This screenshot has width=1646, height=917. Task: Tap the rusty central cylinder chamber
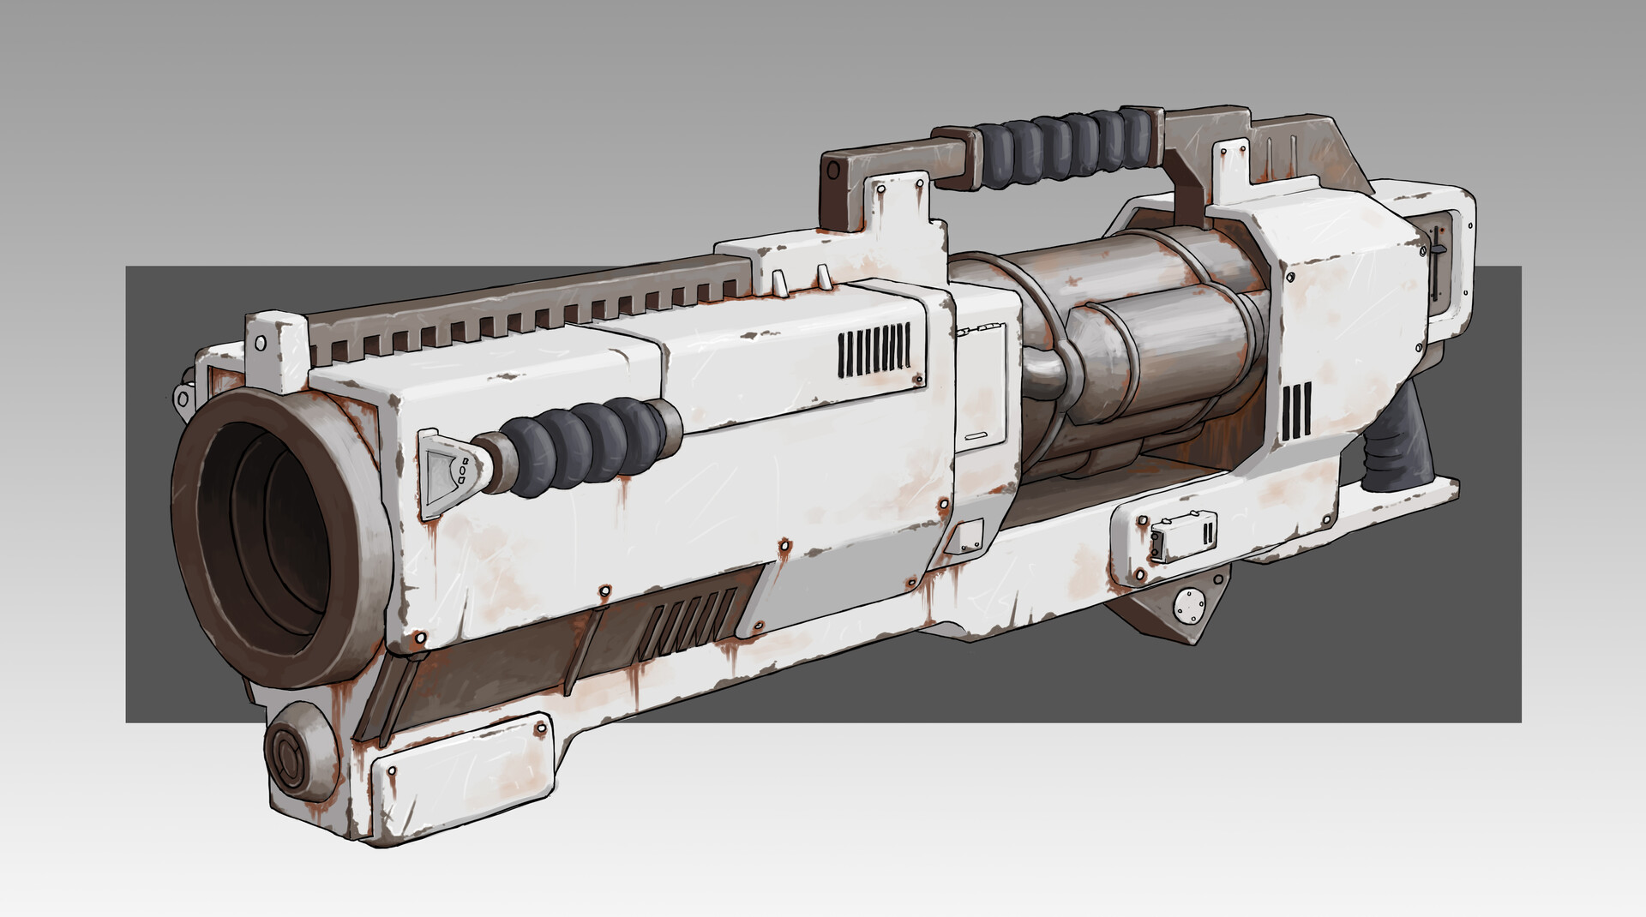point(1140,343)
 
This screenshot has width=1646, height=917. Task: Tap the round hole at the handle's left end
point(834,171)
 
